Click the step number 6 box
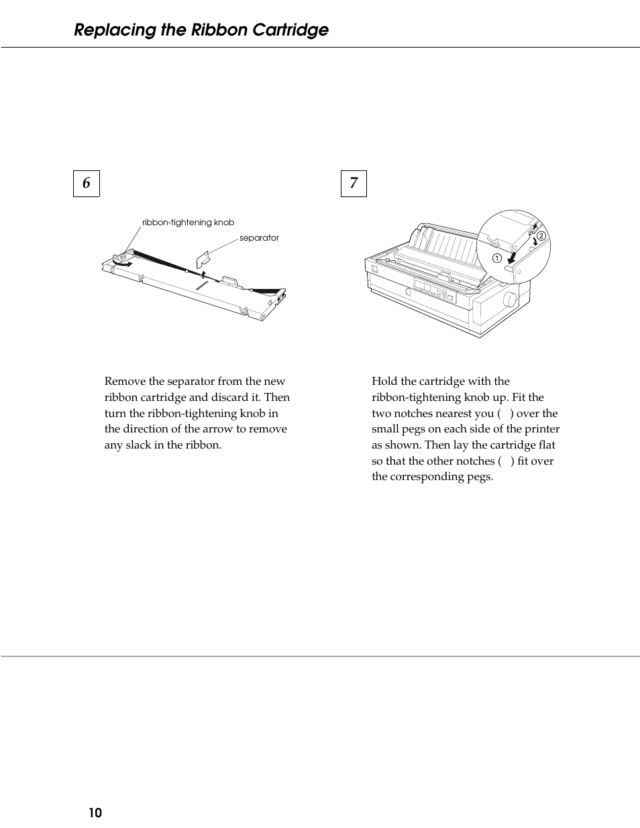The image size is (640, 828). [86, 183]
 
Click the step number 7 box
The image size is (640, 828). [354, 183]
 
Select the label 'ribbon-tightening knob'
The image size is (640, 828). [188, 223]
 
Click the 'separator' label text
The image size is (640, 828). [259, 238]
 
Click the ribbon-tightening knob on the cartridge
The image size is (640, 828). [121, 256]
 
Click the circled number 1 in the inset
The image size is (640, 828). [496, 258]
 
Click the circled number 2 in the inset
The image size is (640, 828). [541, 234]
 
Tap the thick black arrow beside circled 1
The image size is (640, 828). [513, 257]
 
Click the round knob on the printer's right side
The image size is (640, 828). [509, 298]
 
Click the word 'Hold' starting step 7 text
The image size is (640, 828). [384, 381]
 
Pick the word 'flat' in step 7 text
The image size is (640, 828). [547, 445]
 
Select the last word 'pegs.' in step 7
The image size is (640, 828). [479, 477]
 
